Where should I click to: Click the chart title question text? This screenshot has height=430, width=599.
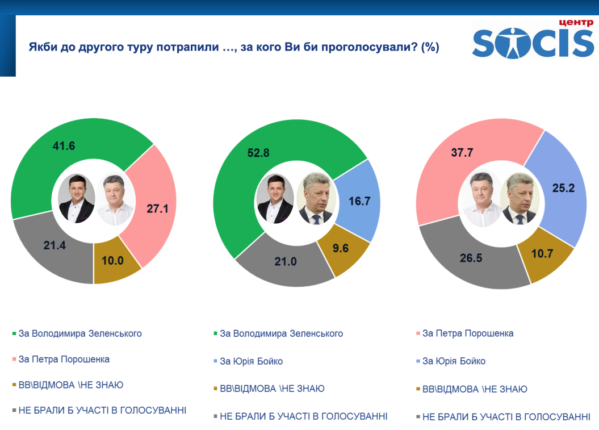click(234, 48)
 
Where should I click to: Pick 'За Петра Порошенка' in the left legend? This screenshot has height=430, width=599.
click(64, 359)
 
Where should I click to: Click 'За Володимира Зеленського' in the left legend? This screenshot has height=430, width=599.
click(80, 333)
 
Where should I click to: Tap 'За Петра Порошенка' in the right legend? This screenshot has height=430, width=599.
click(468, 333)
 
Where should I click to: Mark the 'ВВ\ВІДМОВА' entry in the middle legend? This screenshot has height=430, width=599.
click(272, 389)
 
